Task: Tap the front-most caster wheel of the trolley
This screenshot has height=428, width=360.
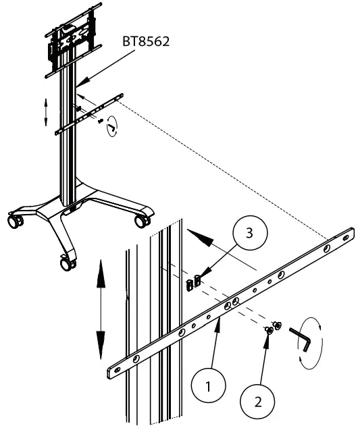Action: point(66,264)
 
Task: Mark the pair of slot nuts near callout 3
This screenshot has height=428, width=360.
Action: point(192,282)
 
